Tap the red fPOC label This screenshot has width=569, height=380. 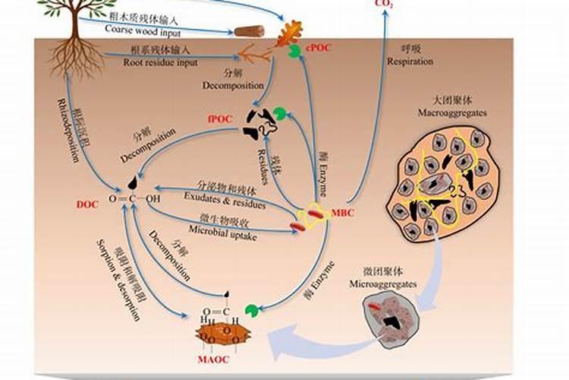coord(220,119)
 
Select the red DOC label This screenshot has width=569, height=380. coord(87,204)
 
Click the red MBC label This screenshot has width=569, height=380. coord(343,213)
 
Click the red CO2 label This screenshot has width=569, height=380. coord(385,4)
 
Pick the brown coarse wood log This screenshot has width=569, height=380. coord(249,32)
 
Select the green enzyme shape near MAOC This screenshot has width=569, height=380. coord(251,311)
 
